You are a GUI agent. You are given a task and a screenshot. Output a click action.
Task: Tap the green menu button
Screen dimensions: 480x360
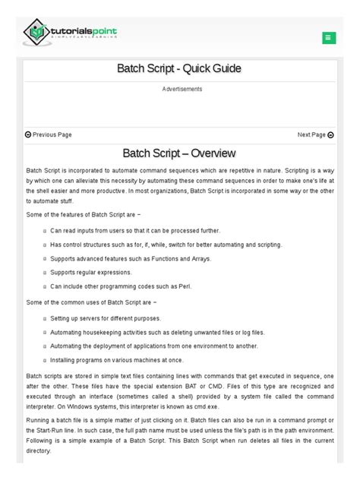[x=329, y=37]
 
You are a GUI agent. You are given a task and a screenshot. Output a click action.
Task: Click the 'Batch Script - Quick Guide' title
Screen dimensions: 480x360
[x=179, y=69]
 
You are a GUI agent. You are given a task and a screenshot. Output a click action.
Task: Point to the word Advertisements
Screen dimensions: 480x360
[x=182, y=90]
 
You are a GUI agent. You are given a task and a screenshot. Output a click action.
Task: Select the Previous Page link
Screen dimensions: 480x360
[x=52, y=134]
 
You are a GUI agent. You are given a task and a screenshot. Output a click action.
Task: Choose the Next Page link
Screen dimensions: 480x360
[x=311, y=134]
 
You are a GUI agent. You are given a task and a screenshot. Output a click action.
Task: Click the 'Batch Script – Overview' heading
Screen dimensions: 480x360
[x=179, y=154]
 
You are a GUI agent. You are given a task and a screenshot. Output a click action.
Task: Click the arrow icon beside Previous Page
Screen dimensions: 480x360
[x=28, y=134]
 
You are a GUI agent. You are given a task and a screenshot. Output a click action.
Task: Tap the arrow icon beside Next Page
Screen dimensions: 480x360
[x=330, y=134]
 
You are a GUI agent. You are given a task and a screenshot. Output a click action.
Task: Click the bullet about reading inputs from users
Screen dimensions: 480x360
[x=135, y=231]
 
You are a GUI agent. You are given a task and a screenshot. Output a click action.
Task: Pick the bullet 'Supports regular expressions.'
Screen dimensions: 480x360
[x=91, y=273]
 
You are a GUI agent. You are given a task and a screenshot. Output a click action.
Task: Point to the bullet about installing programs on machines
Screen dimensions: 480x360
[x=117, y=361]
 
